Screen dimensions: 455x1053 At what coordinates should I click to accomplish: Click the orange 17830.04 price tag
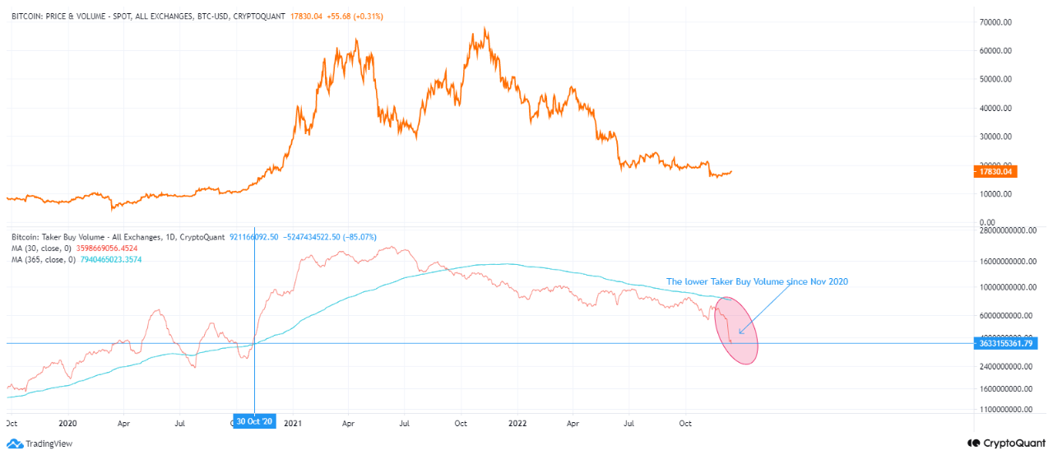point(995,172)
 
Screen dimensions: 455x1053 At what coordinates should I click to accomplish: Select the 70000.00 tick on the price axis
point(1004,21)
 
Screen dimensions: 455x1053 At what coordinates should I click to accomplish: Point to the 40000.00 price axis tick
point(1004,108)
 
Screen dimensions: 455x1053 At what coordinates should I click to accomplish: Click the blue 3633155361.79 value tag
point(1004,343)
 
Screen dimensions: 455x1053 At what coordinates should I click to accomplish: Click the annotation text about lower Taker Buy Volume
point(756,281)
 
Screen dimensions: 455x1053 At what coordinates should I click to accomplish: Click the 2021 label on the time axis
point(293,423)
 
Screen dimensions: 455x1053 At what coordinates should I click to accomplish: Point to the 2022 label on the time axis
point(517,423)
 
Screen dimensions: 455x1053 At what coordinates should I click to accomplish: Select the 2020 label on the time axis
point(67,423)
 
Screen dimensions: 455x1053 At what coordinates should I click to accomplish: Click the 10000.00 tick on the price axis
point(1004,194)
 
